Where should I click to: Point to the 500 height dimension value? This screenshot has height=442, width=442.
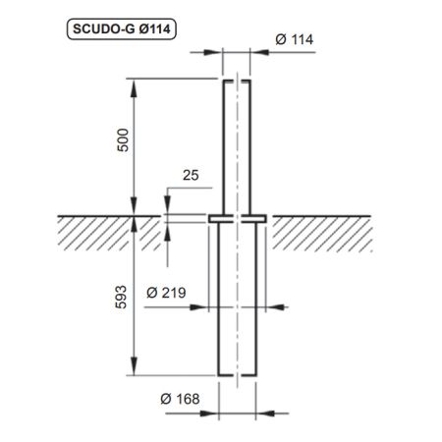pos(122,145)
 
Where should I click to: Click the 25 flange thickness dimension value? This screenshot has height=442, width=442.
pos(189,177)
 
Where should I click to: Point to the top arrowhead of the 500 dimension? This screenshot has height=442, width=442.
pos(136,84)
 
